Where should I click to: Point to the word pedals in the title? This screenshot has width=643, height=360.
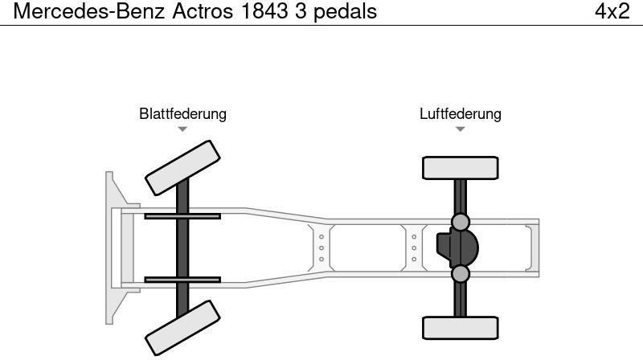point(346,12)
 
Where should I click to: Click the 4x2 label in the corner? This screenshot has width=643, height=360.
point(612,12)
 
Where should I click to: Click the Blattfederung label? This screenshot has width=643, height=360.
point(182,114)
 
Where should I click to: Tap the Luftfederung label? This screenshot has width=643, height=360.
point(460,114)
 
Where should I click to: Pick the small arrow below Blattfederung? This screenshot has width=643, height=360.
point(182,129)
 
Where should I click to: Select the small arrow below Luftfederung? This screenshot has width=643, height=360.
point(460,129)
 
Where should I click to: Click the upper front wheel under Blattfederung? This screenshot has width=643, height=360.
point(182,166)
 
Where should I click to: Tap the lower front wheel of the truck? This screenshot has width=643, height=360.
point(182,328)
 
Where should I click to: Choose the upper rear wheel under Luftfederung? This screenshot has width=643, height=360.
point(460,168)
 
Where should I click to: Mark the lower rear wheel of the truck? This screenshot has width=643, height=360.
point(460,328)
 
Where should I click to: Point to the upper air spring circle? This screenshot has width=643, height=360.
point(460,221)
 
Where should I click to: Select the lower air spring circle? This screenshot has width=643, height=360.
point(460,274)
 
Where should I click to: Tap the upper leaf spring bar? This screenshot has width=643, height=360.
point(182,216)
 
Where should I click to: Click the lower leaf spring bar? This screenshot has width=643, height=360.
point(182,280)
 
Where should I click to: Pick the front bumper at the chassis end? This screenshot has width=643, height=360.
point(113,247)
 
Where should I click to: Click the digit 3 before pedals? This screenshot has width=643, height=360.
point(301,12)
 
